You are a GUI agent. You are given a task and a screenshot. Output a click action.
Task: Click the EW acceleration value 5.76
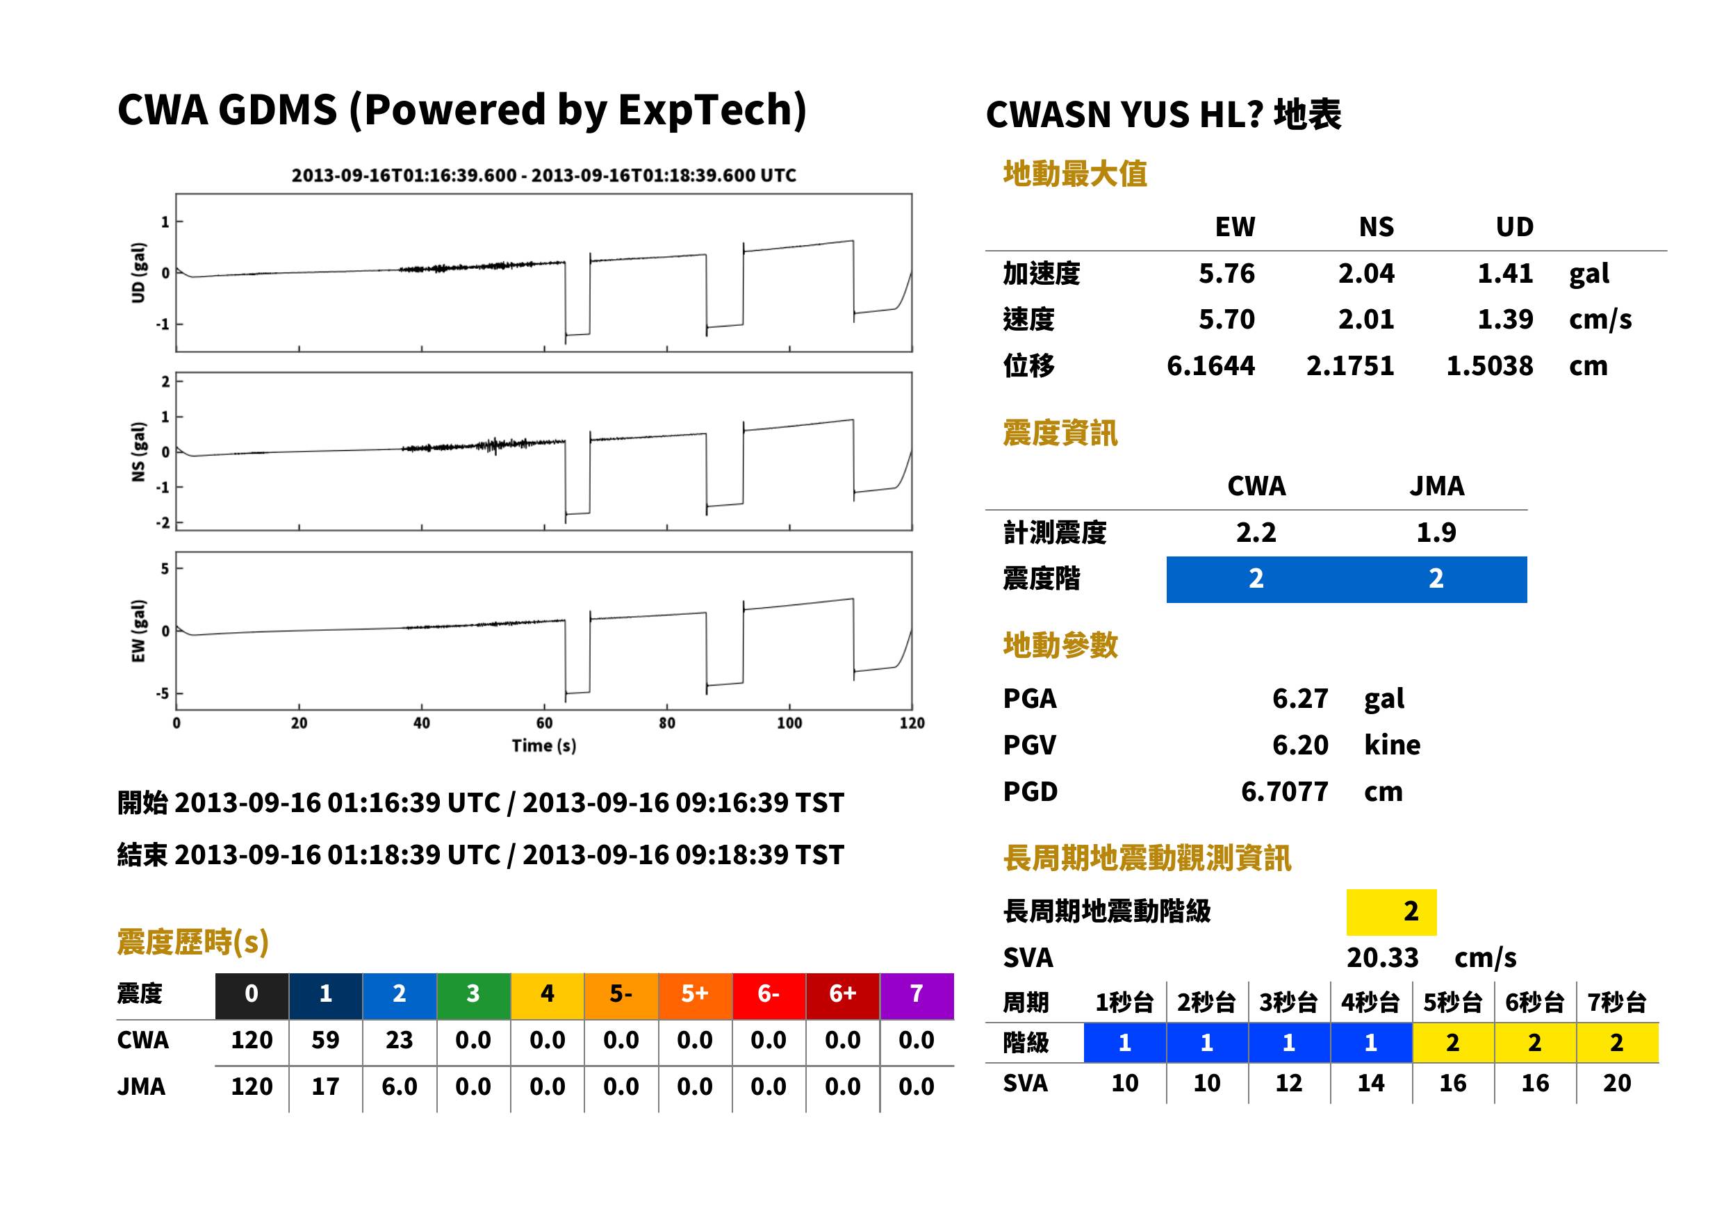[x=1226, y=273]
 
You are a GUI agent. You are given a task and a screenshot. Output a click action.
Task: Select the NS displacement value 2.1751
[x=1349, y=365]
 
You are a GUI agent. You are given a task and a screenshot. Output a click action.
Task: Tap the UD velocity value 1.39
[x=1505, y=319]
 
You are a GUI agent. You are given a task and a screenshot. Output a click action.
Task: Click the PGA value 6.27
[x=1300, y=698]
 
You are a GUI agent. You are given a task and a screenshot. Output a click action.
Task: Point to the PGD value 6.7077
[x=1284, y=791]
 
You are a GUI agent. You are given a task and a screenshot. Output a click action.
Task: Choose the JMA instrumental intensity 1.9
[x=1436, y=532]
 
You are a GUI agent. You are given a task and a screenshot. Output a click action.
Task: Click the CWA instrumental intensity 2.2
[x=1256, y=532]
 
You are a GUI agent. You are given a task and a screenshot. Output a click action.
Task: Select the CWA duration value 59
[x=325, y=1040]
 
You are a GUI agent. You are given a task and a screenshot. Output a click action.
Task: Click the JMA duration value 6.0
[x=400, y=1087]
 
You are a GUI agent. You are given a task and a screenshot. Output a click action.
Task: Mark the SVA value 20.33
[x=1382, y=957]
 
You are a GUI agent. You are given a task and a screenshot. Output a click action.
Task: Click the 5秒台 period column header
[x=1452, y=1002]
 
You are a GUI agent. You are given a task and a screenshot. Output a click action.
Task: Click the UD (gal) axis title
[x=138, y=273]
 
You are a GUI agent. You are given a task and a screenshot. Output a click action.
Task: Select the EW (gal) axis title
[x=138, y=631]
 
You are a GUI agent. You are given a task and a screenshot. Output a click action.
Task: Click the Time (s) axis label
[x=543, y=746]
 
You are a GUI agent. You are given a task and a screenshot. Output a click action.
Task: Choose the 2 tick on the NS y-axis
[x=165, y=381]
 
